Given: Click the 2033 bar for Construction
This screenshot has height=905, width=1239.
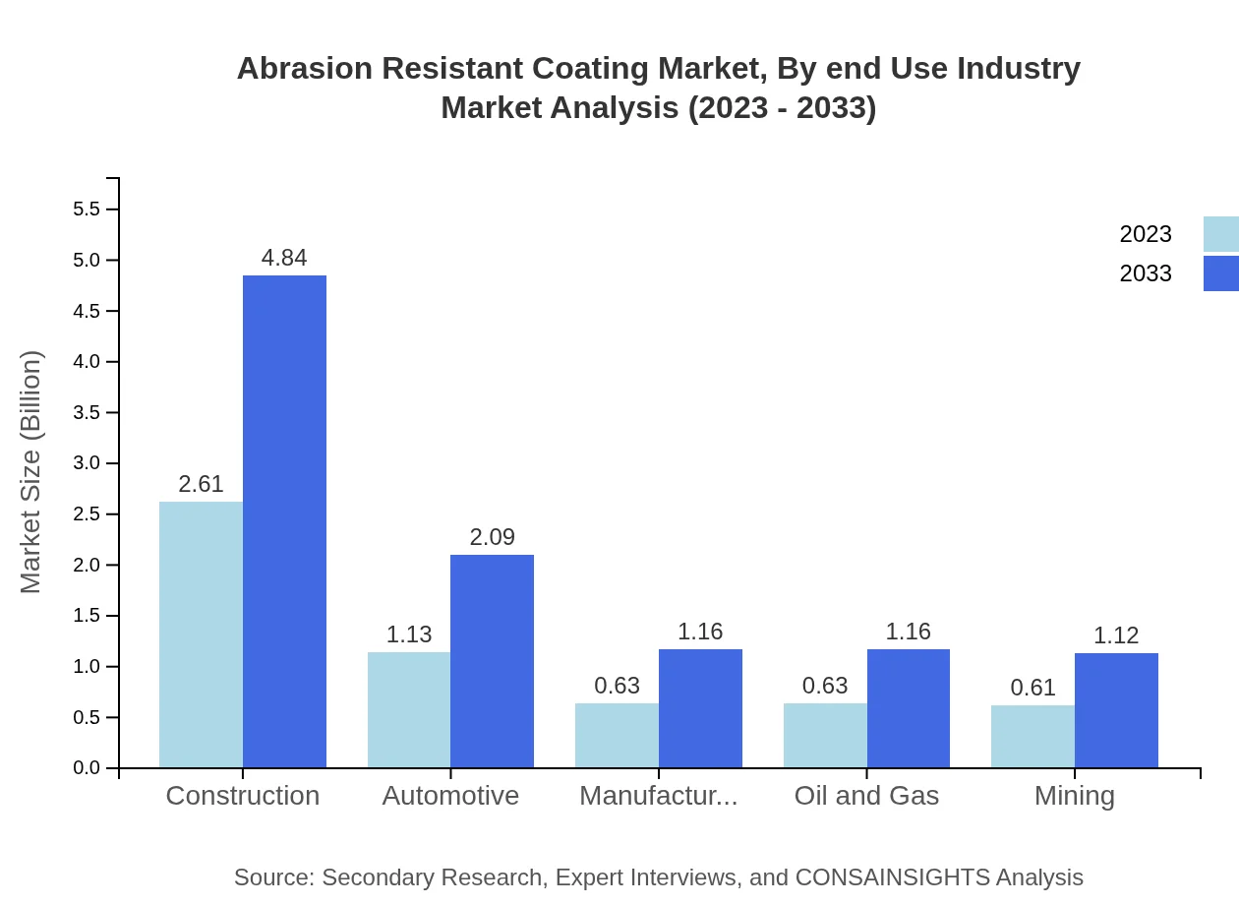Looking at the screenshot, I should [x=284, y=521].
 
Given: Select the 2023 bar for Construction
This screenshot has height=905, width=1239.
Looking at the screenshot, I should [x=201, y=634].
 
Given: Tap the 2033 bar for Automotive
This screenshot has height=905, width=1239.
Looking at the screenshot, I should [x=492, y=661].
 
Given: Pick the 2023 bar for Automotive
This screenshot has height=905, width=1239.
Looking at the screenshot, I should [x=409, y=709].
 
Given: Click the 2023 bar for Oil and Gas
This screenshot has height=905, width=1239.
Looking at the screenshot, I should [x=825, y=735].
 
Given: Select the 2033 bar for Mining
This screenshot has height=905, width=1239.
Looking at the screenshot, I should [x=1116, y=710].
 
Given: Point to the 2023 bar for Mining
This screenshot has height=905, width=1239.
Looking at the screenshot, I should [x=1032, y=736].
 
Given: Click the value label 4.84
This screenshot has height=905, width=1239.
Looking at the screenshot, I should [x=284, y=258].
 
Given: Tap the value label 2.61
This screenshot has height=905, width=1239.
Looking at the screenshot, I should [x=201, y=484].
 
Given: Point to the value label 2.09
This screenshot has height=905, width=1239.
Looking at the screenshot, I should [x=492, y=537].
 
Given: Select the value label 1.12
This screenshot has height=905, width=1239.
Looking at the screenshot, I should [x=1116, y=635].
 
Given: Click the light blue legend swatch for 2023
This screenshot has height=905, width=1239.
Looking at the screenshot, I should [x=1220, y=234].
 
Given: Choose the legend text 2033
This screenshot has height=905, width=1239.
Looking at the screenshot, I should [x=1146, y=273].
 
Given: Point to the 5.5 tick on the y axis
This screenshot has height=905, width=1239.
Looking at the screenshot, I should [x=87, y=210].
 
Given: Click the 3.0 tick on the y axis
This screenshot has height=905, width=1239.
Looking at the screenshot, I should [x=87, y=463].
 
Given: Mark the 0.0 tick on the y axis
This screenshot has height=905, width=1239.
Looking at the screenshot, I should [x=87, y=768].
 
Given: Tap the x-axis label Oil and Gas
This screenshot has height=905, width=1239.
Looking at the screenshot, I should [x=866, y=796].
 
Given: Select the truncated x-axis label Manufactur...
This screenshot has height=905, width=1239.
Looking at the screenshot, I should [x=658, y=796].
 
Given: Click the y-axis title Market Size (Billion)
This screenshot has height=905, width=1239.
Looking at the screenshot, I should [x=31, y=472].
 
